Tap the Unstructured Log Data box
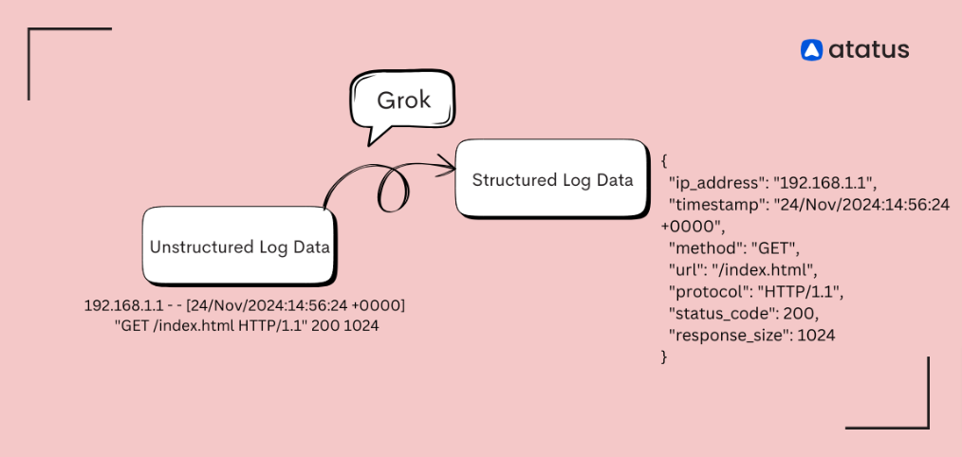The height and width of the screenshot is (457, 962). coord(240,247)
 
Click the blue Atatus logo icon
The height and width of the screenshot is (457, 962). coord(811,50)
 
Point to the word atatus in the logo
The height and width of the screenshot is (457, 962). coord(867,50)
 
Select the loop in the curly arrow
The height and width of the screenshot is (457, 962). coord(395,188)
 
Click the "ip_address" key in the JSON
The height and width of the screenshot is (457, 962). coord(717,181)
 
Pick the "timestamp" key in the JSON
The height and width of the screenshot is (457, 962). coord(713,204)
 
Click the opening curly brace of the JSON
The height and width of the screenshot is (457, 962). coord(665,159)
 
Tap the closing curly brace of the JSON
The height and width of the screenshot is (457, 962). coord(665,356)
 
